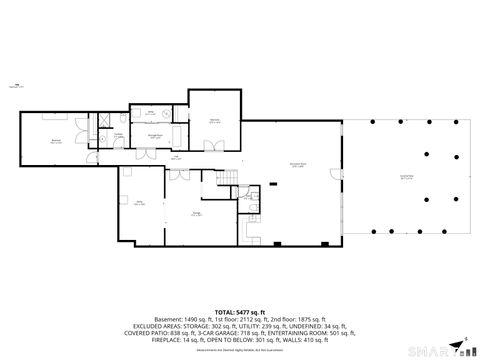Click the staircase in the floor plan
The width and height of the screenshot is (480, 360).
click(x=229, y=178)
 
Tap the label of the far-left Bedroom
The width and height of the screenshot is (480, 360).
click(x=56, y=141)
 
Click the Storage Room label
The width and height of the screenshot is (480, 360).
click(x=157, y=136)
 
